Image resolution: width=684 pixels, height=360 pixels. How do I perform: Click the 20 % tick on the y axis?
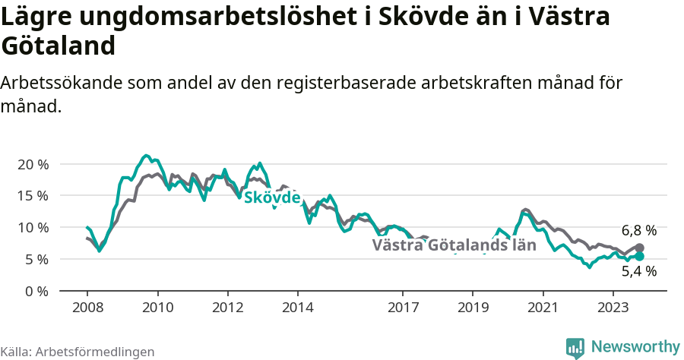click(33, 164)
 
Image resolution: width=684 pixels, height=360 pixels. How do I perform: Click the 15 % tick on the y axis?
click(33, 195)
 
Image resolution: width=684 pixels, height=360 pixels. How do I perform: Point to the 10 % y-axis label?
click(33, 227)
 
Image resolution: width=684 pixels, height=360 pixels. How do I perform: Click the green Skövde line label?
click(271, 197)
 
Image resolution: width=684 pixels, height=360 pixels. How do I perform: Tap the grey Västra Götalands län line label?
click(454, 245)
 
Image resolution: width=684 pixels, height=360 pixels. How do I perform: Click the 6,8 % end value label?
click(638, 230)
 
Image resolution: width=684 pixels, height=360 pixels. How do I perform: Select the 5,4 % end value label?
click(638, 270)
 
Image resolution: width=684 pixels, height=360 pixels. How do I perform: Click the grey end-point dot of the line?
click(639, 248)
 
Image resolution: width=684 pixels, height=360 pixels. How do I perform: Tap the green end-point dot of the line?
click(639, 257)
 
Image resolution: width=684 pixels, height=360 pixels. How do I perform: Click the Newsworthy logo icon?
click(575, 347)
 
